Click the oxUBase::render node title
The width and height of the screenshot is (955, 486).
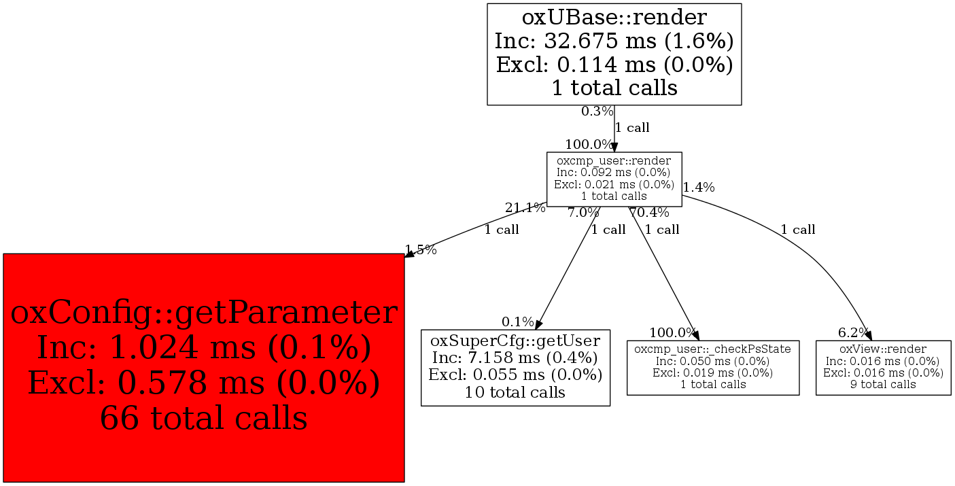pos(614,16)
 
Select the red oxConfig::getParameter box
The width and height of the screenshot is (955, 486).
pos(204,368)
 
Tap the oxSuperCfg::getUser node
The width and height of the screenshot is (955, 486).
pos(515,367)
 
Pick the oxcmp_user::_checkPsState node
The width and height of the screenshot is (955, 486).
pos(712,367)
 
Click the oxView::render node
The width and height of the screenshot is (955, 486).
pos(883,367)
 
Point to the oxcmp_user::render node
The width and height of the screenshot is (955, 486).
pos(614,179)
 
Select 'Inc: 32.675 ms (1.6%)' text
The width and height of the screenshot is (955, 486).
pos(614,41)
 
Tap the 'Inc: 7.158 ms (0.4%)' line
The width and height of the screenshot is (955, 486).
pos(515,358)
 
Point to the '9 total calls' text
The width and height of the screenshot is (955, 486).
pos(883,385)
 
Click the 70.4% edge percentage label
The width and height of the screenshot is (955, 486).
pos(649,213)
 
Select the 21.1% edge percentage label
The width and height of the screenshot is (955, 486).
pos(525,208)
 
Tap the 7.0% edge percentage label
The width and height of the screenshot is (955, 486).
pos(583,213)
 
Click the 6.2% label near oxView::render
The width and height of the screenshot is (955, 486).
pos(853,332)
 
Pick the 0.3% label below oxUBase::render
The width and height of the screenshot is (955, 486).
pos(597,111)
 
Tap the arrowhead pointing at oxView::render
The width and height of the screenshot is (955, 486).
pos(869,334)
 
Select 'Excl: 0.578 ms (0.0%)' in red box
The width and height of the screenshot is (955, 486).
pos(204,383)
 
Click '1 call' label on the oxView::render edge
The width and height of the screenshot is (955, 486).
pos(797,230)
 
